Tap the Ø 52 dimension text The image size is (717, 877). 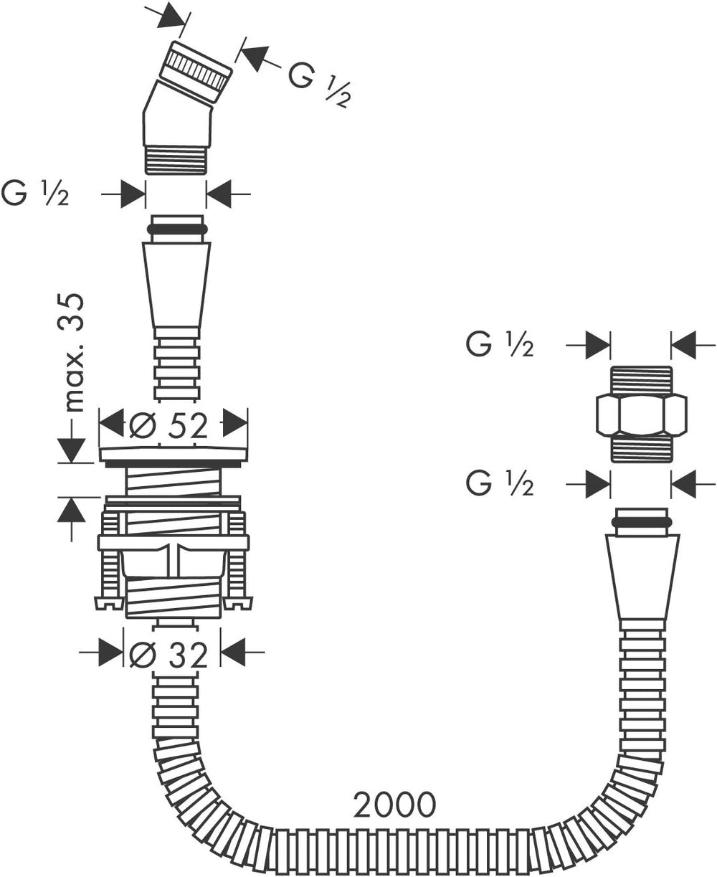click(x=168, y=425)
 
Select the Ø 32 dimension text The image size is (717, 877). click(x=168, y=655)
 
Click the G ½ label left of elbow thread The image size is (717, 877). click(x=35, y=194)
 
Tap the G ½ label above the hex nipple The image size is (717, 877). click(x=500, y=345)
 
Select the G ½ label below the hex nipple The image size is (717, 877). click(x=500, y=483)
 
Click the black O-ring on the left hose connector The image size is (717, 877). click(x=177, y=229)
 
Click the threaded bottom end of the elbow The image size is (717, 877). click(x=176, y=160)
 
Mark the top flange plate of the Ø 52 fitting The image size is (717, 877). click(x=174, y=456)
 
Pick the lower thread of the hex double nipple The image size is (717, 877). click(x=641, y=449)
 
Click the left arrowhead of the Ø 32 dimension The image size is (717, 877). click(x=110, y=653)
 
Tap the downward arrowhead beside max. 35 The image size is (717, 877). click(x=72, y=450)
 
